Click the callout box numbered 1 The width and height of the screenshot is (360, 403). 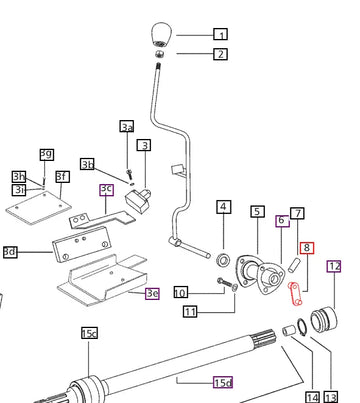click(x=220, y=34)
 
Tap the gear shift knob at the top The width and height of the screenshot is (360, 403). click(x=161, y=34)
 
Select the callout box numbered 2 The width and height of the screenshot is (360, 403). click(x=220, y=54)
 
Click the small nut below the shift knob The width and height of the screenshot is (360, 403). click(x=159, y=54)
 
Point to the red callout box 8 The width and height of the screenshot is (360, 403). click(x=307, y=247)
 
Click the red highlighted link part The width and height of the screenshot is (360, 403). click(x=295, y=293)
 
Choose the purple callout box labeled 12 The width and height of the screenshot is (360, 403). click(x=334, y=266)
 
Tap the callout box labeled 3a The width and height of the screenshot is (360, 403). click(x=127, y=126)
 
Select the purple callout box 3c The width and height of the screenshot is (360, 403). click(x=106, y=189)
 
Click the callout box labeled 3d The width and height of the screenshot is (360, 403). click(x=10, y=252)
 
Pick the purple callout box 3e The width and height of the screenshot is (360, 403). click(x=152, y=293)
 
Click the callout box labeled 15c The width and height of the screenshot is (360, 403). click(x=89, y=333)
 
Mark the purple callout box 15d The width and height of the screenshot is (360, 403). click(x=223, y=382)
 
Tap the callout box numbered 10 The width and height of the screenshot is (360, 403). click(x=181, y=293)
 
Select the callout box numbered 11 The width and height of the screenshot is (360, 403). click(x=190, y=312)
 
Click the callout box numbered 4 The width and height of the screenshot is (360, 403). click(x=223, y=207)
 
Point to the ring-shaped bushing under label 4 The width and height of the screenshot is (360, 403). click(x=223, y=260)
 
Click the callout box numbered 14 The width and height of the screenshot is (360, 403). click(x=312, y=397)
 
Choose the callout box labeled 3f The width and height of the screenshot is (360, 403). click(x=63, y=176)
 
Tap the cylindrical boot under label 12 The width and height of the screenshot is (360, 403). click(x=324, y=320)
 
